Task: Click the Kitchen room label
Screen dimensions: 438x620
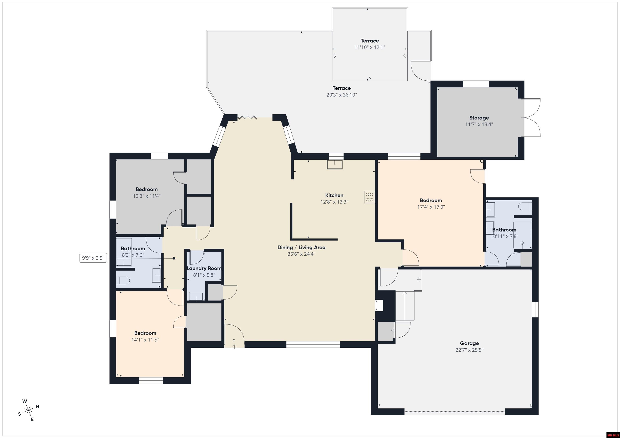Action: (334, 195)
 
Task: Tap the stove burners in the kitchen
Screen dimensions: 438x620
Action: (369, 197)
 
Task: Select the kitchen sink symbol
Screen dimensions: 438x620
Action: (335, 164)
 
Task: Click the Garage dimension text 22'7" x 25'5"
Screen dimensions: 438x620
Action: (469, 350)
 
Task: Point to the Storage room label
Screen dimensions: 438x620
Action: (479, 118)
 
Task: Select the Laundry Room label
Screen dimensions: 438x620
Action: (204, 268)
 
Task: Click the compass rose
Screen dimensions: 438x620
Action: (28, 411)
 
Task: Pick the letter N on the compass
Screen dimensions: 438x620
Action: (38, 406)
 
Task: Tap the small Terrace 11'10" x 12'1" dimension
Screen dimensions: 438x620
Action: (369, 47)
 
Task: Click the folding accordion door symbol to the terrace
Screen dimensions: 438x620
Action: (247, 118)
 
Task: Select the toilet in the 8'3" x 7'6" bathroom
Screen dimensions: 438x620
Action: (123, 281)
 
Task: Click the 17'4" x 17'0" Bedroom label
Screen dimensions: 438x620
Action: (431, 200)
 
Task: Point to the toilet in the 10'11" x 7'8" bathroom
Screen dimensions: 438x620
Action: (525, 207)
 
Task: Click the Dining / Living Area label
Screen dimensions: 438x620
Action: (301, 247)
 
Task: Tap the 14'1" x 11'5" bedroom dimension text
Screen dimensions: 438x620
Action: (145, 340)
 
